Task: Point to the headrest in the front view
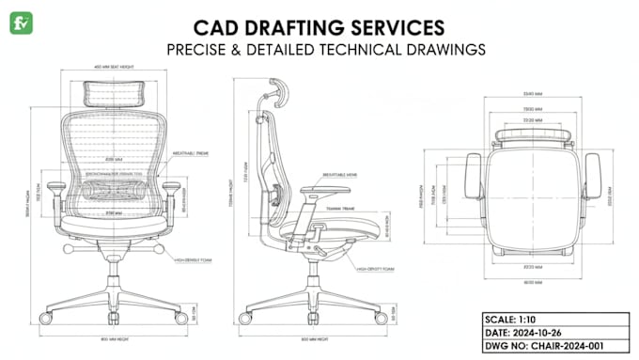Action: click(x=113, y=92)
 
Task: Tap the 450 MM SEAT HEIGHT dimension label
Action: click(x=113, y=67)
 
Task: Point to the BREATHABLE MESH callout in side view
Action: click(x=338, y=174)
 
